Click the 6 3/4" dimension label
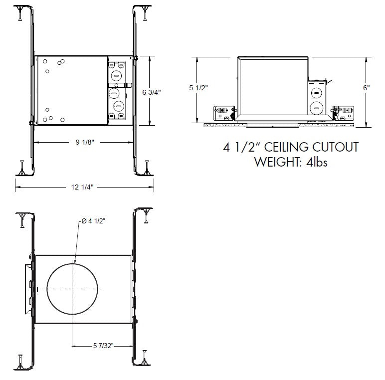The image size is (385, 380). [x=152, y=92]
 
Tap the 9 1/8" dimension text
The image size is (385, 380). [x=85, y=142]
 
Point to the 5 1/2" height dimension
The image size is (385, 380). [x=198, y=88]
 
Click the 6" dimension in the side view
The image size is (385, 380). [x=367, y=87]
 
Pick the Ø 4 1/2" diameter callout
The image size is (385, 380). [x=93, y=221]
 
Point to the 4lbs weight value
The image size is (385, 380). [x=315, y=162]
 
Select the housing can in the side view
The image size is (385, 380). [x=272, y=85]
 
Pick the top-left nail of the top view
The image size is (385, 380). [x=19, y=12]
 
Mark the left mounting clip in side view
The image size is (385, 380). [x=223, y=113]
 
